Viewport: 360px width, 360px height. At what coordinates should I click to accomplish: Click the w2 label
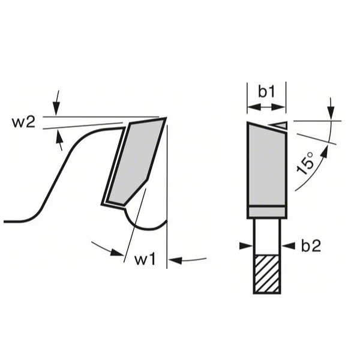pyautogui.click(x=23, y=122)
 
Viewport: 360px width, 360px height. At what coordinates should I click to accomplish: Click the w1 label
pyautogui.click(x=145, y=260)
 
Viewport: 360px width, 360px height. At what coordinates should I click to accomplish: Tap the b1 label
pyautogui.click(x=266, y=92)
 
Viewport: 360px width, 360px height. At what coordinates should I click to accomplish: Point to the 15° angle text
pyautogui.click(x=306, y=163)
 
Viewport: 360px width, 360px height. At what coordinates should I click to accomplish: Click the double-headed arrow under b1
pyautogui.click(x=266, y=107)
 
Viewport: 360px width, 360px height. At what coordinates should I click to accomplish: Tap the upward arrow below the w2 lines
pyautogui.click(x=59, y=140)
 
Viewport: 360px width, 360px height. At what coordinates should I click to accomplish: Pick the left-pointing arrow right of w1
pyautogui.click(x=180, y=260)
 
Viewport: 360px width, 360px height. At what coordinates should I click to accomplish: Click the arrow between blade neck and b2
pyautogui.click(x=286, y=245)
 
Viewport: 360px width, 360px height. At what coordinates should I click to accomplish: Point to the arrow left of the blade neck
pyautogui.click(x=246, y=245)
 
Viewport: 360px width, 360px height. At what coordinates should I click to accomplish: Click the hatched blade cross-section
pyautogui.click(x=266, y=274)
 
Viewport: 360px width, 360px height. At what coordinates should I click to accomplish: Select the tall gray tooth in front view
pyautogui.click(x=266, y=165)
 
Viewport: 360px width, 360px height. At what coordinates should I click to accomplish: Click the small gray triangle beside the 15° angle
pyautogui.click(x=280, y=125)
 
